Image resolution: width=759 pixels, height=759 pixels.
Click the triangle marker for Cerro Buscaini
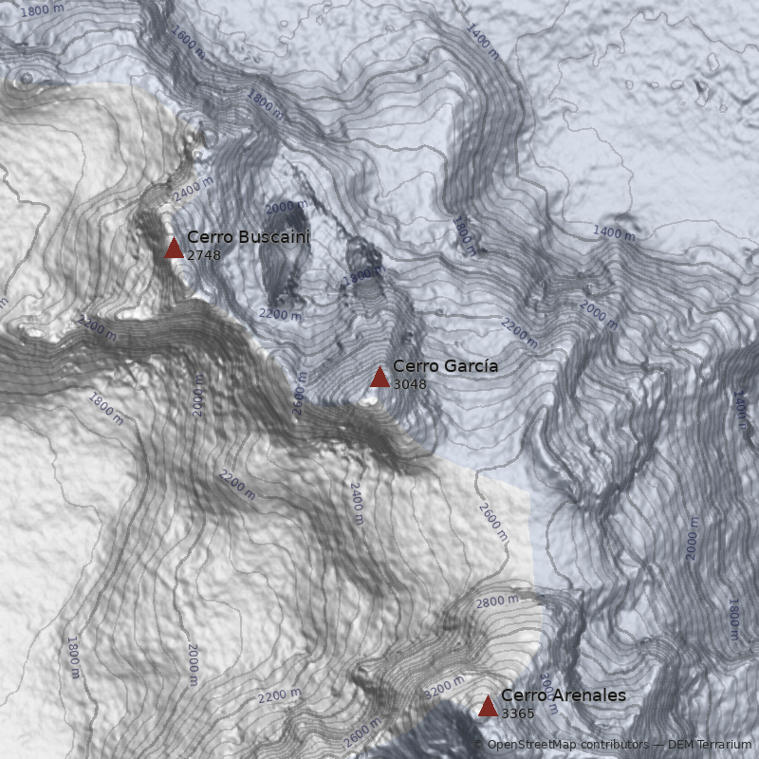click(x=174, y=249)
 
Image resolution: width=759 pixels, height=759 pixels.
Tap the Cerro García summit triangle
click(x=379, y=378)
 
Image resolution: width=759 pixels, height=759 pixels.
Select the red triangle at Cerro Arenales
click(x=488, y=706)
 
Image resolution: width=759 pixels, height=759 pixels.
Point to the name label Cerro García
click(x=445, y=366)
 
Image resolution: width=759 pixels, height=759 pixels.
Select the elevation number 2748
click(x=203, y=255)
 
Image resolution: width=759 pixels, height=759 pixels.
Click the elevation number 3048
click(x=410, y=384)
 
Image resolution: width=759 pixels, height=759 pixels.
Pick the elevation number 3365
click(x=518, y=713)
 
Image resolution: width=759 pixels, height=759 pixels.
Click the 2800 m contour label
click(x=497, y=601)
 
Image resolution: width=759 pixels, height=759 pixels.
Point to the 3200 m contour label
click(x=444, y=687)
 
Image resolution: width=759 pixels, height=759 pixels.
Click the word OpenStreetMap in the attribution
click(x=532, y=745)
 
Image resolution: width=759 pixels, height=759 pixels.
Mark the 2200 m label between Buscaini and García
click(x=279, y=314)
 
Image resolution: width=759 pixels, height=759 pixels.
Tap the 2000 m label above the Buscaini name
click(x=286, y=207)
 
